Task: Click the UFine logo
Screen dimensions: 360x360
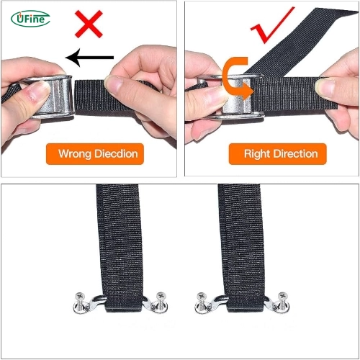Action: pyautogui.click(x=30, y=18)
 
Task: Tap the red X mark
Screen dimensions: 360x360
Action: pyautogui.click(x=89, y=27)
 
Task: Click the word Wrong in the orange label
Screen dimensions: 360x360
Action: pyautogui.click(x=76, y=153)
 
